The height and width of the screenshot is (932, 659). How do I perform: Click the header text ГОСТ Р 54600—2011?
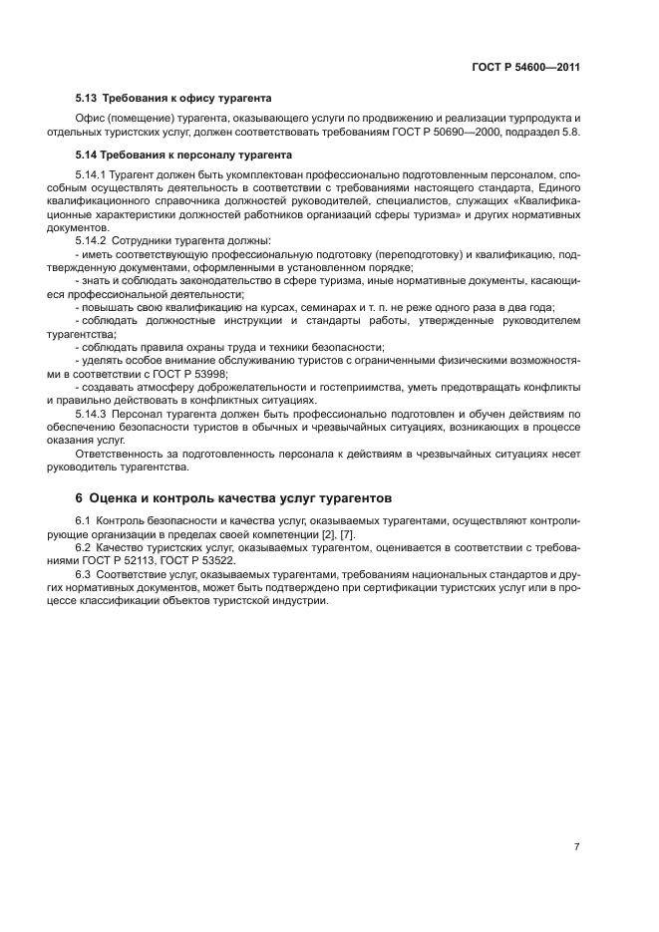tap(525, 68)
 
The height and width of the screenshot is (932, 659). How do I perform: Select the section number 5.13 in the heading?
tap(88, 98)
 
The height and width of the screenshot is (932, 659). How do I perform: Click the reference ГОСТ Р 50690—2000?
tap(474, 133)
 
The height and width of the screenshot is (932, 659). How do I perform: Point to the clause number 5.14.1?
tap(93, 174)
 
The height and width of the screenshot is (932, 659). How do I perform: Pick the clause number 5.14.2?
tap(93, 241)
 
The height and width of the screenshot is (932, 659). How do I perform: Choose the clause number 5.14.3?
tap(93, 412)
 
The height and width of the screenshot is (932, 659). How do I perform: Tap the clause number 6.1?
tap(86, 520)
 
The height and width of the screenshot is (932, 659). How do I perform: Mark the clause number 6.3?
tap(86, 574)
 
